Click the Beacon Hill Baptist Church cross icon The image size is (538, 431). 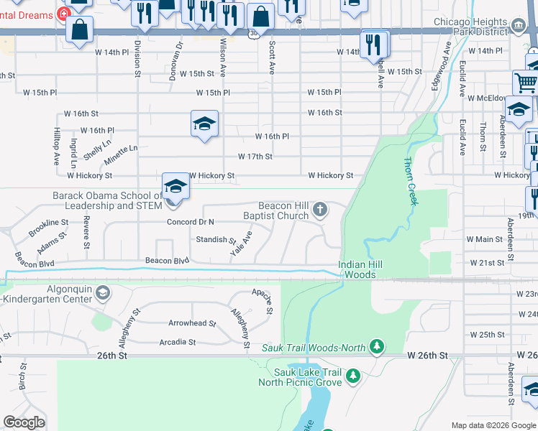click(320, 210)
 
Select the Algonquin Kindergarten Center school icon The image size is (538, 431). click(103, 292)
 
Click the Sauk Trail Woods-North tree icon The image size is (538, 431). click(376, 348)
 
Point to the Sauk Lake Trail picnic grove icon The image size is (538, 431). click(352, 376)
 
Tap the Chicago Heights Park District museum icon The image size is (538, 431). click(517, 27)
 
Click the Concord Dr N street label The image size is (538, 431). click(191, 222)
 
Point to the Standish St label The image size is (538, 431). click(216, 239)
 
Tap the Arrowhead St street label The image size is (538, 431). click(192, 323)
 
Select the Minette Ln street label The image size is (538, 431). click(122, 152)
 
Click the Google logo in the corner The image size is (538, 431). click(24, 422)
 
